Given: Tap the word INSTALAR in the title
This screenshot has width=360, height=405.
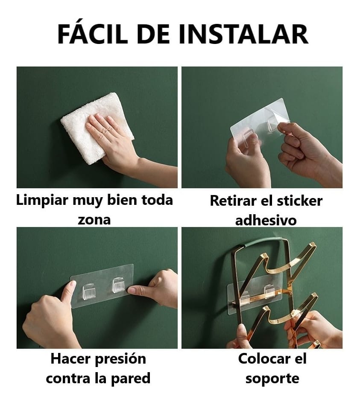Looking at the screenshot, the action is pyautogui.click(x=243, y=34).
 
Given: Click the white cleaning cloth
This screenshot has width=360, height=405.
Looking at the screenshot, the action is pyautogui.click(x=97, y=128).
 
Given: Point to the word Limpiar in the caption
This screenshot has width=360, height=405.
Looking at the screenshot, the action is pyautogui.click(x=42, y=201).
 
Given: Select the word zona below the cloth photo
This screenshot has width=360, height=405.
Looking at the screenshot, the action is pyautogui.click(x=94, y=220).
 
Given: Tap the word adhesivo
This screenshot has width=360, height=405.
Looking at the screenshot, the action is pyautogui.click(x=266, y=220).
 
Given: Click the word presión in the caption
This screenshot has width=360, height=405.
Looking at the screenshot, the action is pyautogui.click(x=121, y=359).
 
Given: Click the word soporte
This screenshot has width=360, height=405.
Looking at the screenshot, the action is pyautogui.click(x=272, y=379).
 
